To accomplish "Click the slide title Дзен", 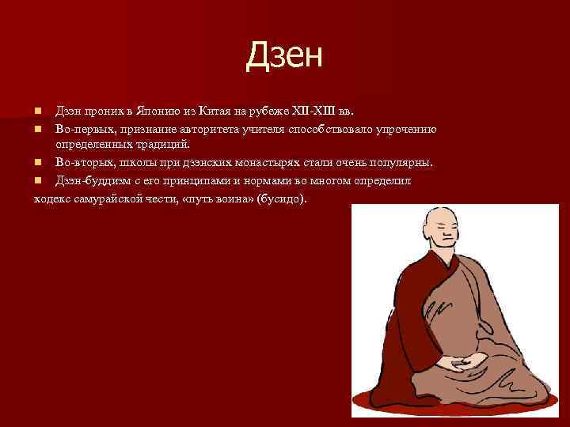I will pyautogui.click(x=285, y=55).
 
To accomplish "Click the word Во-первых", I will pyautogui.click(x=82, y=128).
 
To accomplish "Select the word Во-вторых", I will pyautogui.click(x=83, y=162).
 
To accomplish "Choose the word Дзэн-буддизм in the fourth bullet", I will pyautogui.click(x=93, y=180).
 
